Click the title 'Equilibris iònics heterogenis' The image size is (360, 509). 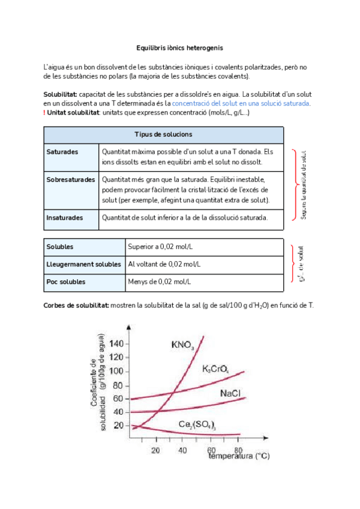pyautogui.click(x=179, y=47)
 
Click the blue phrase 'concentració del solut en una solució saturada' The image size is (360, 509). pyautogui.click(x=241, y=104)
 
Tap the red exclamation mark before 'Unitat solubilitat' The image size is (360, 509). pyautogui.click(x=45, y=113)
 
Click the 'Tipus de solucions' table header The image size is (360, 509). pyautogui.click(x=163, y=134)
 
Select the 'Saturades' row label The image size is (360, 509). pyautogui.click(x=62, y=152)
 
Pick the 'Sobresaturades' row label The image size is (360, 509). pyautogui.click(x=70, y=179)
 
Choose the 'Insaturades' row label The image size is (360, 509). pyautogui.click(x=64, y=218)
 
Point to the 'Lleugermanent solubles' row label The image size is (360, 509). pyautogui.click(x=83, y=264)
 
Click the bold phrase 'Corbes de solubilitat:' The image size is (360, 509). pyautogui.click(x=76, y=306)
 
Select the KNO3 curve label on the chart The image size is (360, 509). pyautogui.click(x=182, y=345)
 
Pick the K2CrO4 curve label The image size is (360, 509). pyautogui.click(x=215, y=369)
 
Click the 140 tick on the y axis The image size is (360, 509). pyautogui.click(x=116, y=344)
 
